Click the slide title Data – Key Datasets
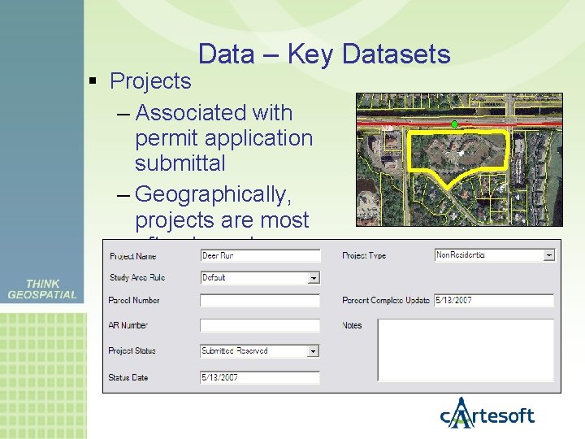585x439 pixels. pyautogui.click(x=323, y=54)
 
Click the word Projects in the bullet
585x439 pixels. pyautogui.click(x=150, y=81)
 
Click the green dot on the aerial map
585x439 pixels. pyautogui.click(x=454, y=124)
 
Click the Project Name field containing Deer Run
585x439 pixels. pyautogui.click(x=259, y=255)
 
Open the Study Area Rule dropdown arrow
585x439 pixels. pyautogui.click(x=314, y=278)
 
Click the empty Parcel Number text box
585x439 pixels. pyautogui.click(x=259, y=301)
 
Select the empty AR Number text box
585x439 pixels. pyautogui.click(x=259, y=325)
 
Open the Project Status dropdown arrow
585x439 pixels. pyautogui.click(x=314, y=351)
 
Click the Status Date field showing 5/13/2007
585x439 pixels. pyautogui.click(x=259, y=377)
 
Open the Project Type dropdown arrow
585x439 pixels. pyautogui.click(x=548, y=255)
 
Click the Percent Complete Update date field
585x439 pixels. pyautogui.click(x=493, y=301)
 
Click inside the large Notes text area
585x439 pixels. pyautogui.click(x=466, y=350)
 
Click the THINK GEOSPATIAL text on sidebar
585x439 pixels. pyautogui.click(x=42, y=289)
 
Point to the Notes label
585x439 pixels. pyautogui.click(x=353, y=325)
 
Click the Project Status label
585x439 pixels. pyautogui.click(x=132, y=351)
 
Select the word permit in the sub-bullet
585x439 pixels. pyautogui.click(x=165, y=138)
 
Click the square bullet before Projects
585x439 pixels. pyautogui.click(x=94, y=82)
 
